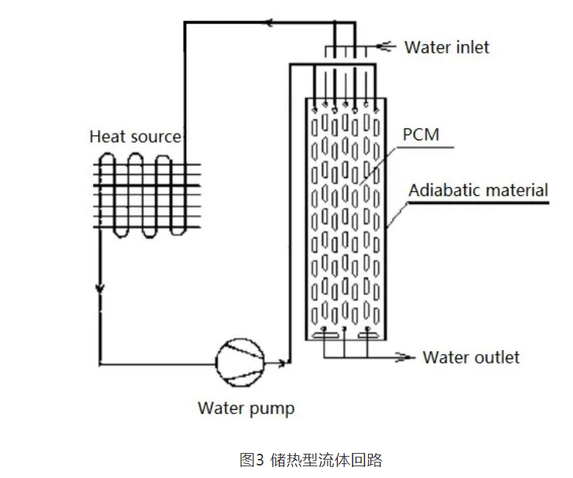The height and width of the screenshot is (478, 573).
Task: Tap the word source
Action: click(x=156, y=137)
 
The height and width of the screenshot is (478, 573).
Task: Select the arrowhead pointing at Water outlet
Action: click(x=403, y=358)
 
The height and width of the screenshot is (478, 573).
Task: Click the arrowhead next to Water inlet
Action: click(x=383, y=47)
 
